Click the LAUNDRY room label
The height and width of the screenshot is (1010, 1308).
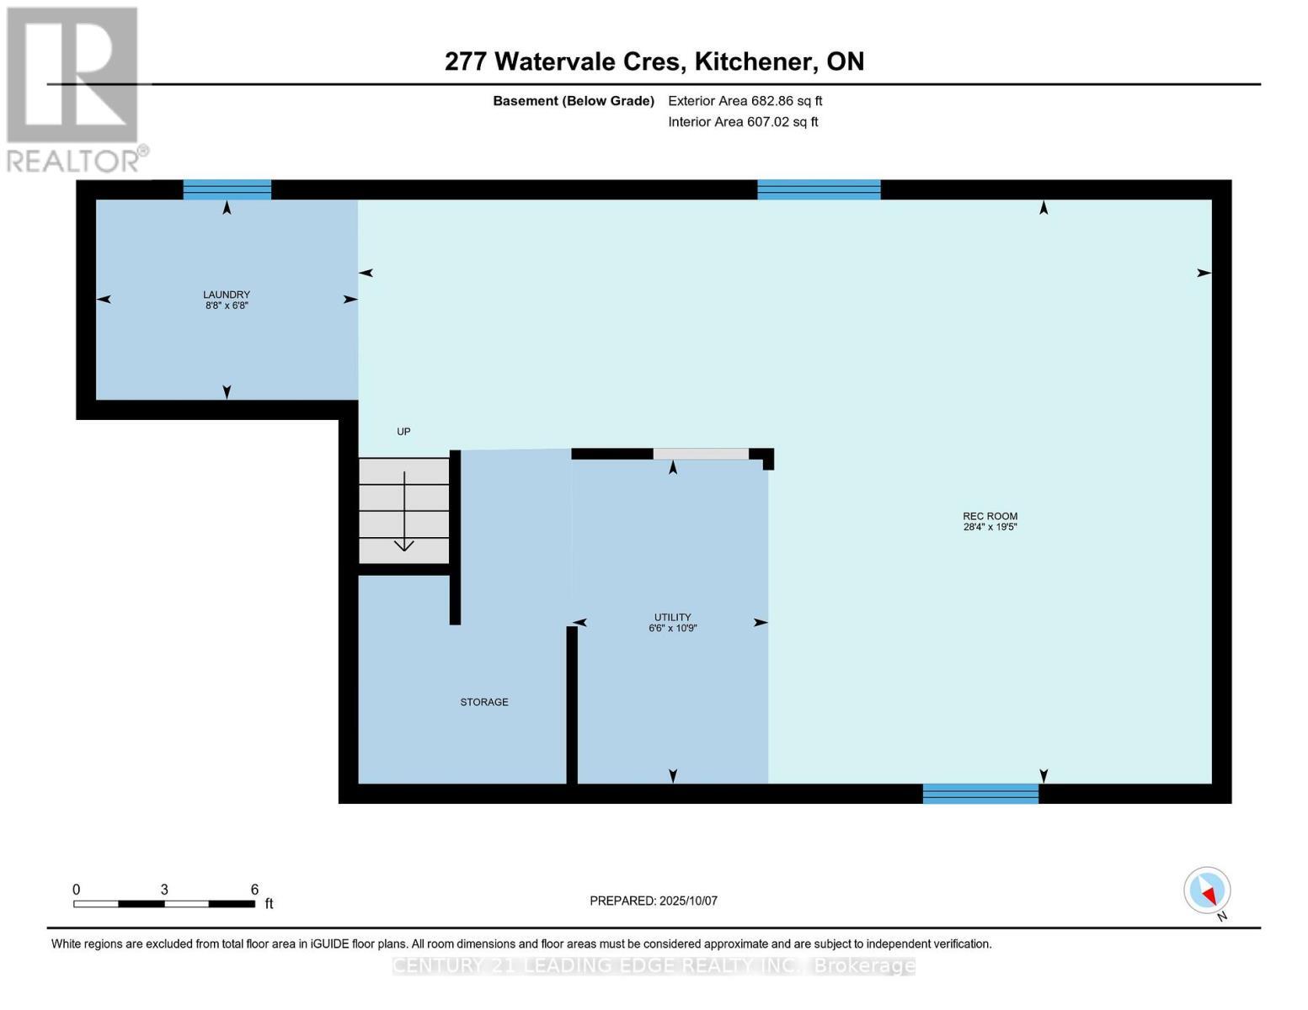pyautogui.click(x=226, y=295)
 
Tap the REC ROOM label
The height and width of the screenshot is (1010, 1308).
pyautogui.click(x=990, y=516)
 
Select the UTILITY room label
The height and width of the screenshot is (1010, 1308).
pyautogui.click(x=672, y=617)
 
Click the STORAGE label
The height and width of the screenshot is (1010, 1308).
pyautogui.click(x=483, y=702)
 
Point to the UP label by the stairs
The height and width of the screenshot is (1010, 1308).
pyautogui.click(x=403, y=432)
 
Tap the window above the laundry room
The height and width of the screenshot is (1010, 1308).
pyautogui.click(x=227, y=189)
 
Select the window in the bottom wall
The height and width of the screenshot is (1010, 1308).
pyautogui.click(x=980, y=793)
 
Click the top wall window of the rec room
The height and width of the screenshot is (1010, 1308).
pyautogui.click(x=818, y=189)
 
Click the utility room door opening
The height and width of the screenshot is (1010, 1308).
pyautogui.click(x=701, y=454)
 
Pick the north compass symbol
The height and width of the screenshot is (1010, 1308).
pyautogui.click(x=1207, y=890)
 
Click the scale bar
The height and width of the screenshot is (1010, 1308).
pyautogui.click(x=164, y=903)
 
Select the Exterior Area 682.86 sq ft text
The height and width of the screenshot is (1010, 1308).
pyautogui.click(x=745, y=101)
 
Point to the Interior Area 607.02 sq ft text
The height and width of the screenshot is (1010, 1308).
pyautogui.click(x=743, y=122)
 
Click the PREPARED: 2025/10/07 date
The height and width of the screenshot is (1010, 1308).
pyautogui.click(x=654, y=901)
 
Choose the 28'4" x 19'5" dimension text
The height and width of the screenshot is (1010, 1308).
pyautogui.click(x=990, y=528)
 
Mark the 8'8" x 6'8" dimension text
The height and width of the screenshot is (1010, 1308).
pyautogui.click(x=226, y=306)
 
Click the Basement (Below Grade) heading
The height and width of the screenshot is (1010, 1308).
pyautogui.click(x=573, y=101)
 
